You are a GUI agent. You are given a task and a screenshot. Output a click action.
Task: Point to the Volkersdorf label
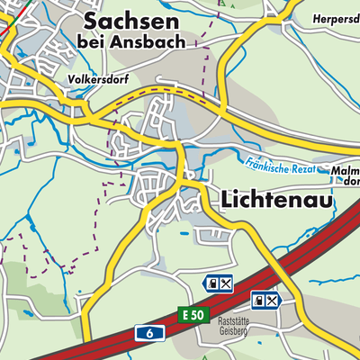pos(98,79)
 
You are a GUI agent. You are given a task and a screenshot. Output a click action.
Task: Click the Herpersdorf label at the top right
pos(336,18)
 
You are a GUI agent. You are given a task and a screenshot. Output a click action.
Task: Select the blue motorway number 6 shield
pos(149,333)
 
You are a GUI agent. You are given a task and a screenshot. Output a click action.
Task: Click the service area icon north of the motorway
pos(220,283)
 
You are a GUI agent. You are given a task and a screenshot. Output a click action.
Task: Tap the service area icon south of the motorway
pos(267,300)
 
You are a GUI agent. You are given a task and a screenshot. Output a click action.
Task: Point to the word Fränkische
pos(266,163)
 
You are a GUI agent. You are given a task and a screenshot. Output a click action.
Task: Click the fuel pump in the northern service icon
pos(212,283)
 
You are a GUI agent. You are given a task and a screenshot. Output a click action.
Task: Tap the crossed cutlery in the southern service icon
pos(274,300)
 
